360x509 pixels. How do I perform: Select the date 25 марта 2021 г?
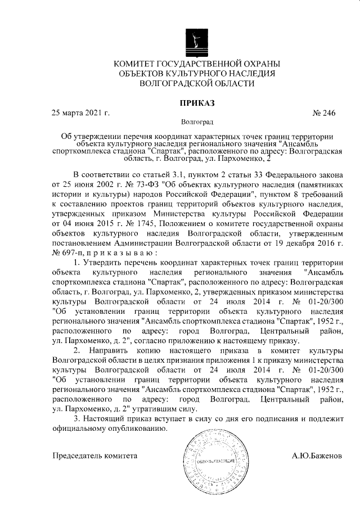click(80, 112)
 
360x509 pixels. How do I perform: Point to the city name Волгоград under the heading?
click(196, 121)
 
